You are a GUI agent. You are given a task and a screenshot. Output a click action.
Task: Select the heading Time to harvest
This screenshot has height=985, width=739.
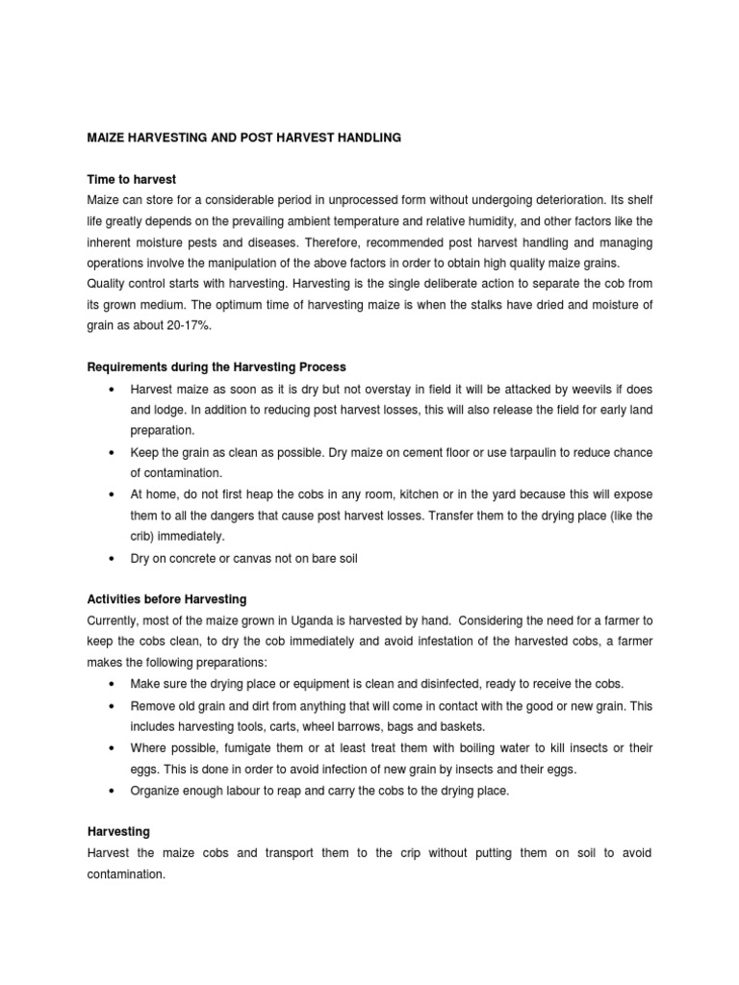pyautogui.click(x=132, y=180)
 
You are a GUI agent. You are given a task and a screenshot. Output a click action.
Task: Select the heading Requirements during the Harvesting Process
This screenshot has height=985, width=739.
pyautogui.click(x=217, y=366)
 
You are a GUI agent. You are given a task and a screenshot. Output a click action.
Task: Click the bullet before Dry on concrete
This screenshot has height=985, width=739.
pyautogui.click(x=113, y=558)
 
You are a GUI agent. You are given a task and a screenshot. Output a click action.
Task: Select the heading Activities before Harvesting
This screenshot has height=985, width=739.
pyautogui.click(x=167, y=599)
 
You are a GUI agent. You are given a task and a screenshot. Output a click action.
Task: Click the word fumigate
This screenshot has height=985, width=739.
pyautogui.click(x=239, y=747)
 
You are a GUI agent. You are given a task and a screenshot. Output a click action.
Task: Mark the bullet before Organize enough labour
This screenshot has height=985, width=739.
pyautogui.click(x=113, y=790)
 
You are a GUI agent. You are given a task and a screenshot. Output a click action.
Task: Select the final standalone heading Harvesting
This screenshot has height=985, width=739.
pyautogui.click(x=118, y=831)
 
